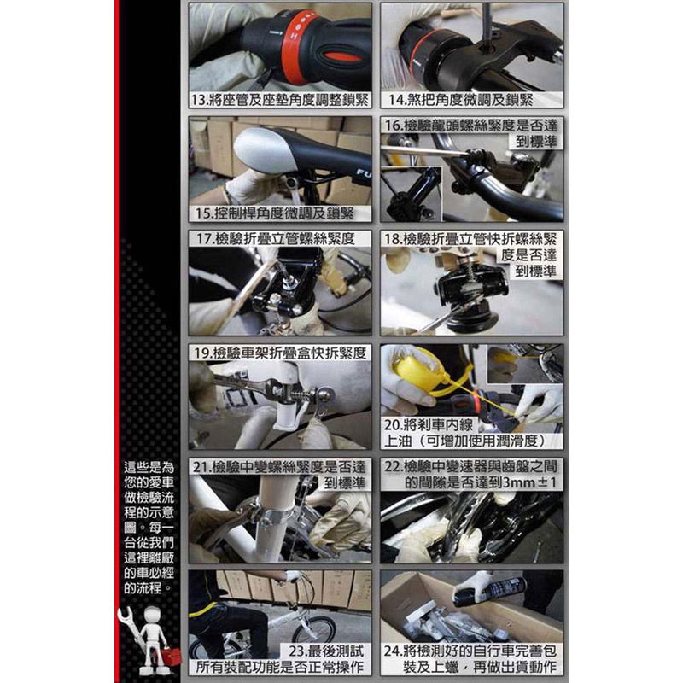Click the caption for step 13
280,100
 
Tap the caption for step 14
460,100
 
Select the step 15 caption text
275,213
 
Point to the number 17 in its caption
203,239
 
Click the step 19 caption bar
280,353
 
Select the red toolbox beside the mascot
171,656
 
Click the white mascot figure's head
153,615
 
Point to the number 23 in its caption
296,651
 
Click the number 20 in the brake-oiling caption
391,424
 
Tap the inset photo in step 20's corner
525,365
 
